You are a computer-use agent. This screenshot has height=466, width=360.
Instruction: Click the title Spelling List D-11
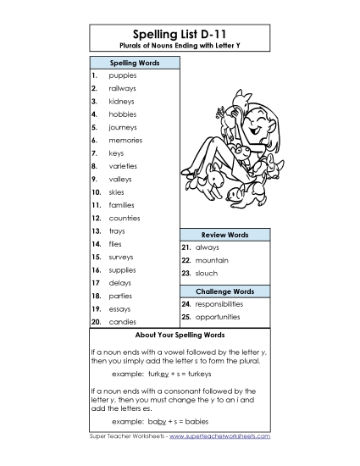[180, 32]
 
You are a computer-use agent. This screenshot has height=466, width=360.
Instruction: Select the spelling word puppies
[123, 75]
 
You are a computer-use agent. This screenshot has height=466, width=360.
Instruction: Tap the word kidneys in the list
[122, 101]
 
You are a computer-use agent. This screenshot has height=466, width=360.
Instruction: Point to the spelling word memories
[125, 140]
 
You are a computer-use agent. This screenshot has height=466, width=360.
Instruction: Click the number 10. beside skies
[96, 191]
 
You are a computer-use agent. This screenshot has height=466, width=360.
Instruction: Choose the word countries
[125, 218]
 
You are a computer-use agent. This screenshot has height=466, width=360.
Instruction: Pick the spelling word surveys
[122, 256]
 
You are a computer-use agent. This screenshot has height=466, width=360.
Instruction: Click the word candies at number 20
[122, 322]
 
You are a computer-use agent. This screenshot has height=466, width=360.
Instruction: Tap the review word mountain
[212, 260]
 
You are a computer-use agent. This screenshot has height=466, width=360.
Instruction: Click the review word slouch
[206, 273]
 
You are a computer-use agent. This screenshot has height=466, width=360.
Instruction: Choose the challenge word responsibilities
[219, 303]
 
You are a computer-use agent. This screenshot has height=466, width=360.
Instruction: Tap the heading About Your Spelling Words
[179, 335]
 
